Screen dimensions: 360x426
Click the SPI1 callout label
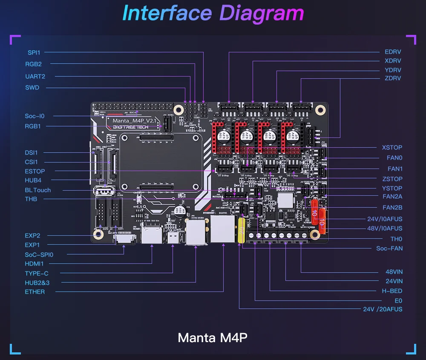coord(34,52)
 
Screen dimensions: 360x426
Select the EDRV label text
coord(393,52)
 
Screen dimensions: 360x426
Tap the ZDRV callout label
coord(393,78)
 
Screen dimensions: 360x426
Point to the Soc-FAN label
coord(389,249)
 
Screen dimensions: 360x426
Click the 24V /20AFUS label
coord(383,309)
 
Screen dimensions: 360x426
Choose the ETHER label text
coord(35,292)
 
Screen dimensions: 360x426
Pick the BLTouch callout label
coord(37,190)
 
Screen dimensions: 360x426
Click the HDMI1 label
coord(35,264)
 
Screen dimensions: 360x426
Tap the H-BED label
coord(392,291)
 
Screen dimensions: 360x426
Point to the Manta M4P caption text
coord(213,338)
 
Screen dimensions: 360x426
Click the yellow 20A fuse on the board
coord(241,231)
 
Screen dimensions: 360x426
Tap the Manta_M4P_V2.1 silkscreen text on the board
coord(134,122)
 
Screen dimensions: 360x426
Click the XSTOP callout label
coord(392,148)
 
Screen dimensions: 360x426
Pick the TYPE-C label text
coord(37,274)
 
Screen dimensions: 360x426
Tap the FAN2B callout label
coord(392,208)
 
